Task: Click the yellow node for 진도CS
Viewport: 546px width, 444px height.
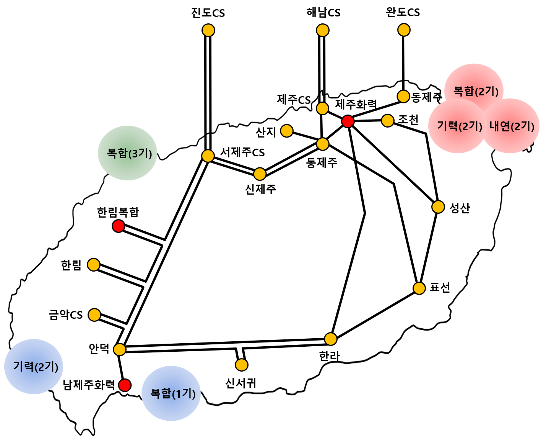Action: [x=208, y=30]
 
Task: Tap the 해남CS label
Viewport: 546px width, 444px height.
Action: [x=323, y=13]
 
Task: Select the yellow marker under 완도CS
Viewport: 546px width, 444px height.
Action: [x=404, y=29]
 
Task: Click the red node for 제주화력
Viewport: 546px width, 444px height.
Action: [x=348, y=121]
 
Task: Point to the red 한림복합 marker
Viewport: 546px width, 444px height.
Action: [x=118, y=226]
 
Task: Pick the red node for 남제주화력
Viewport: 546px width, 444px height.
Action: [x=125, y=385]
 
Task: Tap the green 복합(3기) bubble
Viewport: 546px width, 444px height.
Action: [x=128, y=153]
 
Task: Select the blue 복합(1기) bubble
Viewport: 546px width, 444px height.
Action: [x=171, y=393]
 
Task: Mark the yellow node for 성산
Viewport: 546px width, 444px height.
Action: [x=438, y=207]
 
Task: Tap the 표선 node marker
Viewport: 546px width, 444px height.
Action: [x=419, y=288]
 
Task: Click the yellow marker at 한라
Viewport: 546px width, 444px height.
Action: [x=330, y=339]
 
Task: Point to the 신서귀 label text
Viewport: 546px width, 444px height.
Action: [x=240, y=383]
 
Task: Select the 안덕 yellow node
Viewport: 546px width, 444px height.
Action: [x=120, y=349]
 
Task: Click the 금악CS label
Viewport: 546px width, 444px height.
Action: [x=66, y=315]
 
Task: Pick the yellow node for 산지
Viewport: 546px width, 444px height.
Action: [x=287, y=131]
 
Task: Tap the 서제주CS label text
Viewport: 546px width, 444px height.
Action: [x=242, y=152]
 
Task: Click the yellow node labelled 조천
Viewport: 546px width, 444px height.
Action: [x=387, y=121]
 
